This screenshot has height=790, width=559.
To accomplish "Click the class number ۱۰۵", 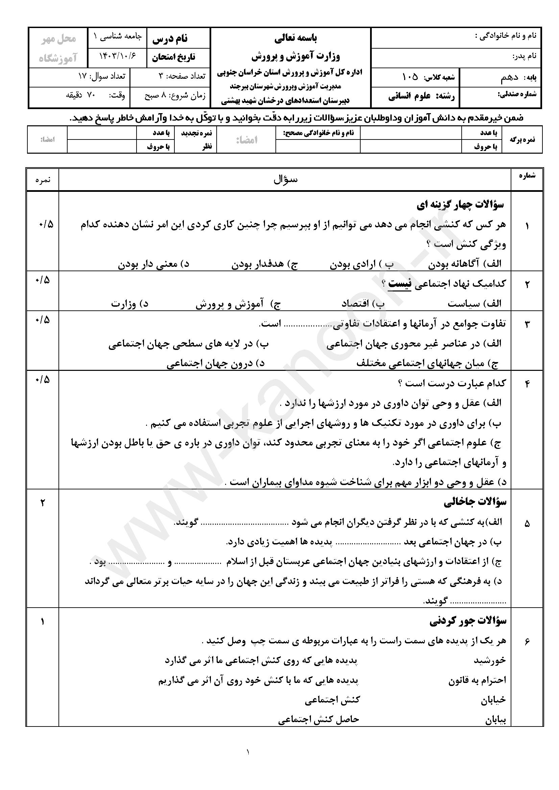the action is tap(410, 77).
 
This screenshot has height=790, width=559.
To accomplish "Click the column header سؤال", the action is tap(285, 179).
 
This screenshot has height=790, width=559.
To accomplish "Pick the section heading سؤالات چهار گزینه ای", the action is tap(460, 205).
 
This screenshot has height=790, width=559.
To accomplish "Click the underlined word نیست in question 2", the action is tap(399, 284).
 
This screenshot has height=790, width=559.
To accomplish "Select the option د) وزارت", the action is tap(129, 304).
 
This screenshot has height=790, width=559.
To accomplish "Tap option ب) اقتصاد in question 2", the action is tap(363, 304).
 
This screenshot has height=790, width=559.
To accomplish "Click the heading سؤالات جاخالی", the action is tap(475, 503).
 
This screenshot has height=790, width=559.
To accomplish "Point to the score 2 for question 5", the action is tap(43, 503).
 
